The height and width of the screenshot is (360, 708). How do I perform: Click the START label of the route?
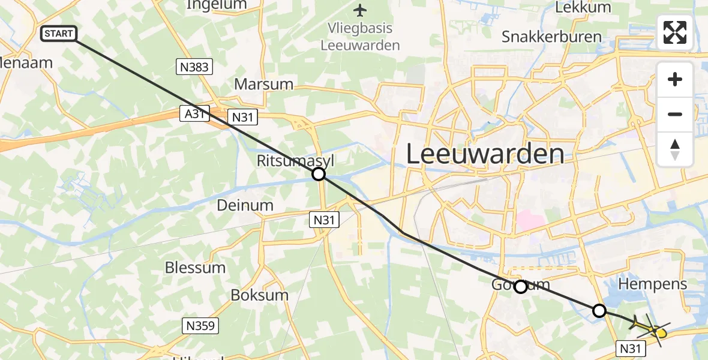point(59,34)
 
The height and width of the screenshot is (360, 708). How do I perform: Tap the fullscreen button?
point(675,32)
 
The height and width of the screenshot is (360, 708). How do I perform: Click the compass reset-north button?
point(675,149)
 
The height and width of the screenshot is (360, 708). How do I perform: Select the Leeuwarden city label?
point(485,154)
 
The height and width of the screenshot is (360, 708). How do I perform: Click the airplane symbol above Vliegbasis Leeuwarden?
point(360,10)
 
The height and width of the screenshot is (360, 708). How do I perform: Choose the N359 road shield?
point(200,326)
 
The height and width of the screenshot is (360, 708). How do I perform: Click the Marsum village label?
point(263,84)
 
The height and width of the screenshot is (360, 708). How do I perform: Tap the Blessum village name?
point(196,268)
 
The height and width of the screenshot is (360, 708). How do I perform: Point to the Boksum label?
point(260,295)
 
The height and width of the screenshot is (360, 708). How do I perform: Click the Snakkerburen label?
point(551,37)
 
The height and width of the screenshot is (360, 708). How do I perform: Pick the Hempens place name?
point(652,284)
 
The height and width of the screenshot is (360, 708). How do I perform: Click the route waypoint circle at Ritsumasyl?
point(319,174)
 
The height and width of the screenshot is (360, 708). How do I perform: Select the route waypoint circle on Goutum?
point(521,287)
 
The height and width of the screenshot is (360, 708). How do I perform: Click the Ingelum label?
point(217,5)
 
